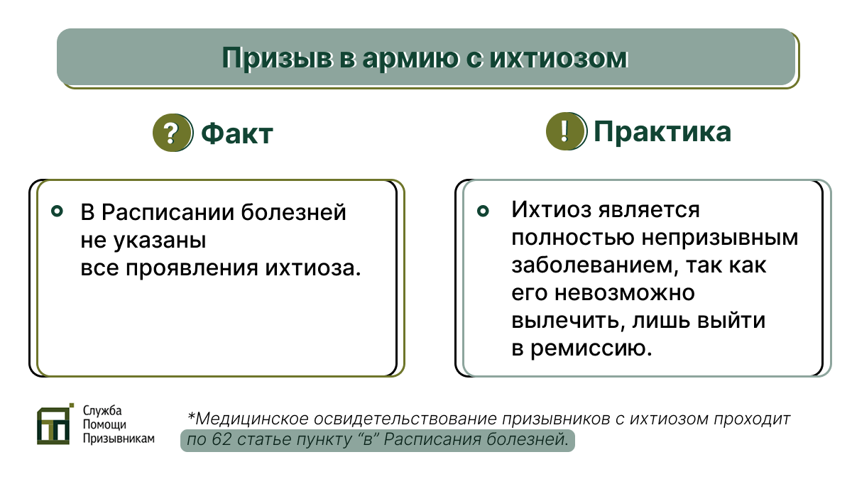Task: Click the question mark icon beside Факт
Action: click(x=171, y=133)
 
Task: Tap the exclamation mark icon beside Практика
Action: click(x=565, y=132)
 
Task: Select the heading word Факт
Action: click(x=237, y=133)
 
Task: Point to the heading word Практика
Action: click(x=662, y=132)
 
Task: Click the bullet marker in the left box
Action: click(x=58, y=211)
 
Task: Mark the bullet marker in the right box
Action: click(x=483, y=211)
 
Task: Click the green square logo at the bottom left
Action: click(x=55, y=424)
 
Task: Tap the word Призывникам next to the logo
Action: click(x=118, y=439)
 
